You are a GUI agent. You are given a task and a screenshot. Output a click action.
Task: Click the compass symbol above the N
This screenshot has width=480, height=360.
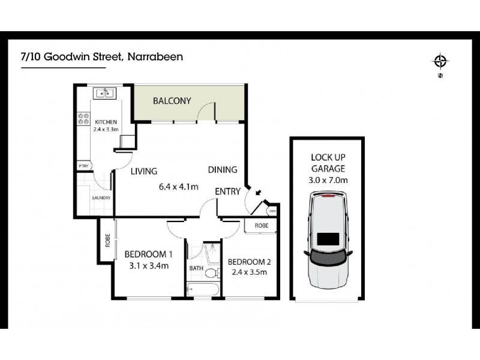pyautogui.click(x=441, y=61)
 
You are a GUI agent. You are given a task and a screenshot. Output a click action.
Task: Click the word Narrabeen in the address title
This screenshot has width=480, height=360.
pyautogui.click(x=155, y=57)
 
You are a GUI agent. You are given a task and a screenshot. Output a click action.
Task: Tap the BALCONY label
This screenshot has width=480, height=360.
pyautogui.click(x=172, y=101)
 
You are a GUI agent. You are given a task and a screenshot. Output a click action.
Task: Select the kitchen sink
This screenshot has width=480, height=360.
pyautogui.click(x=104, y=94)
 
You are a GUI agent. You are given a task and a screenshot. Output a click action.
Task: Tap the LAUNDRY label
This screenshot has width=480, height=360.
pyautogui.click(x=100, y=197)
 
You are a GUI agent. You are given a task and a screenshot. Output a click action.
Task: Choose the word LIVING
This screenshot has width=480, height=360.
pyautogui.click(x=144, y=171)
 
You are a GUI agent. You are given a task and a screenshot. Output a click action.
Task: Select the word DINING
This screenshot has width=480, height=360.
pyautogui.click(x=223, y=170)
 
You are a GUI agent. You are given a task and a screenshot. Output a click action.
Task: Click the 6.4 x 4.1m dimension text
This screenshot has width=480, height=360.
pyautogui.click(x=178, y=186)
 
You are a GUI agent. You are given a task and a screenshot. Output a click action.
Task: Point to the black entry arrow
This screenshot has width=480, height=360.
pyautogui.click(x=257, y=193)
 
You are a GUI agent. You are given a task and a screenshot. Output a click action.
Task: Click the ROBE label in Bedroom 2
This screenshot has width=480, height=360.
pyautogui.click(x=261, y=226)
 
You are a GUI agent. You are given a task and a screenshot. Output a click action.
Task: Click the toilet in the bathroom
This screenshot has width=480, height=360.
pyautogui.click(x=211, y=273)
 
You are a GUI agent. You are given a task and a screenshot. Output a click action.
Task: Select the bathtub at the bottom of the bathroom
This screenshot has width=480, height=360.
pyautogui.click(x=203, y=290)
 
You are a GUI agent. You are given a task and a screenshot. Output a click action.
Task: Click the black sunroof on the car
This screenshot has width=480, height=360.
pyautogui.click(x=327, y=239)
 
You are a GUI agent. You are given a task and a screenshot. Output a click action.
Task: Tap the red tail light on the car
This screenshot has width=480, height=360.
pyautogui.click(x=328, y=196)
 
